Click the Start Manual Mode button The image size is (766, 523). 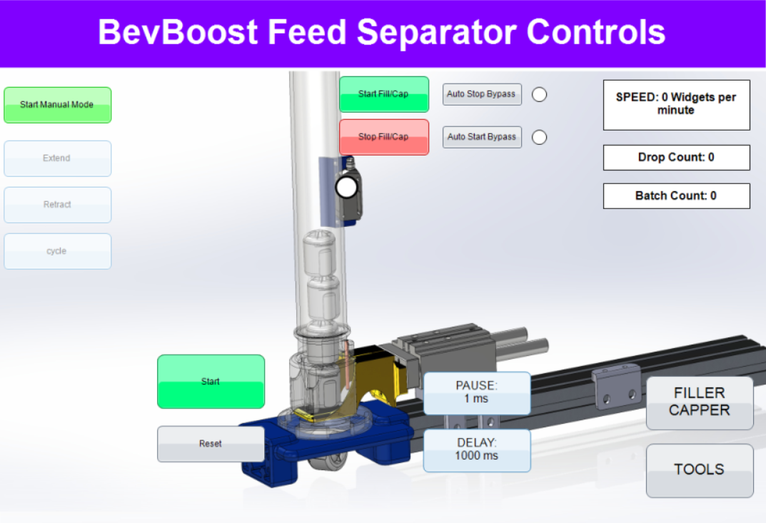click(58, 105)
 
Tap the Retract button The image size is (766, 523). click(58, 205)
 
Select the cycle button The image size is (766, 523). click(58, 251)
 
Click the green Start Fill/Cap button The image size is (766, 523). click(384, 94)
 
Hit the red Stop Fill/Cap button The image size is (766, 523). click(384, 137)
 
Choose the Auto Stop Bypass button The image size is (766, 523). click(482, 94)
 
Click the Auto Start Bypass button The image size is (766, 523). click(482, 137)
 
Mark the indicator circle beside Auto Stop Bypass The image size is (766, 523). click(539, 95)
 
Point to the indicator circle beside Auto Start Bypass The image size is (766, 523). click(539, 137)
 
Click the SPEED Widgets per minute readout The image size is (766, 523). click(677, 105)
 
